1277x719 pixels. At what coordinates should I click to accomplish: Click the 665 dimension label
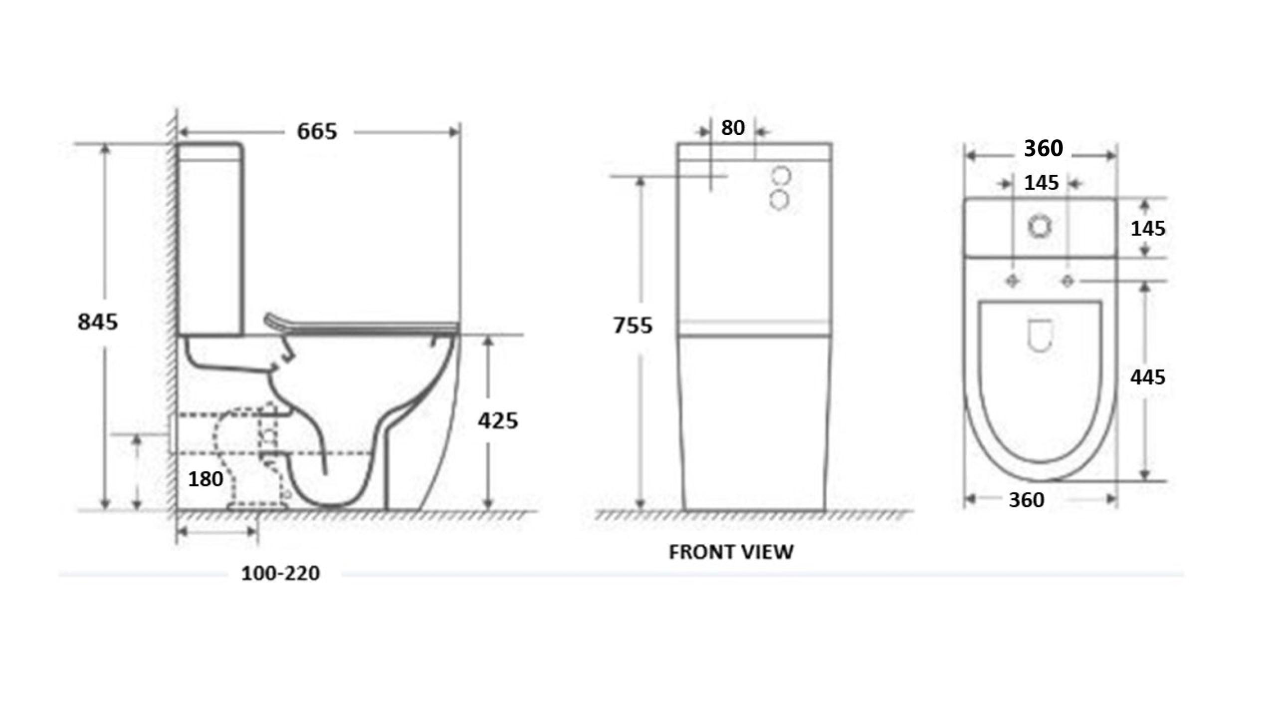(x=317, y=132)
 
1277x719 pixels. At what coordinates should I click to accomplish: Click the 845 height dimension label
(x=97, y=322)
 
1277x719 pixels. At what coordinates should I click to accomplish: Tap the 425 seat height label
(x=498, y=421)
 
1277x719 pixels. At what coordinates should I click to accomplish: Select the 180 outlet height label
(x=205, y=479)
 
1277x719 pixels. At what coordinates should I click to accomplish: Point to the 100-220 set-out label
(x=280, y=574)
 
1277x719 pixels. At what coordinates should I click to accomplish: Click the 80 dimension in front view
(x=733, y=128)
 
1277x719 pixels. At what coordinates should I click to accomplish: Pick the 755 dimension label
(x=633, y=326)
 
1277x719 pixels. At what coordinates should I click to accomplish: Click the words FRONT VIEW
(x=731, y=552)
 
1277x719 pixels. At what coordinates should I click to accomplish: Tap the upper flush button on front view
(x=781, y=176)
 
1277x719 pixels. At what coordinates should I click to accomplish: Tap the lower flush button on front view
(x=779, y=201)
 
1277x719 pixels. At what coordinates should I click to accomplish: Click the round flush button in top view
(x=1040, y=227)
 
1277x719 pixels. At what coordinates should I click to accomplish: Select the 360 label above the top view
(x=1043, y=149)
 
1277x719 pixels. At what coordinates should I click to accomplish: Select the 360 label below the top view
(x=1026, y=500)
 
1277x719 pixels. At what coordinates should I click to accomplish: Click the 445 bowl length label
(x=1147, y=377)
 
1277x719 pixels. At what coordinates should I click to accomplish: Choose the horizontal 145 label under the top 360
(x=1041, y=183)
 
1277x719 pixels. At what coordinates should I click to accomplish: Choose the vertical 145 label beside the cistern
(x=1147, y=229)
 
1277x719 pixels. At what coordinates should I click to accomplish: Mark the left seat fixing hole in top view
(x=1012, y=282)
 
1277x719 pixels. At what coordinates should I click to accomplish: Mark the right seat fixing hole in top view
(x=1067, y=282)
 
